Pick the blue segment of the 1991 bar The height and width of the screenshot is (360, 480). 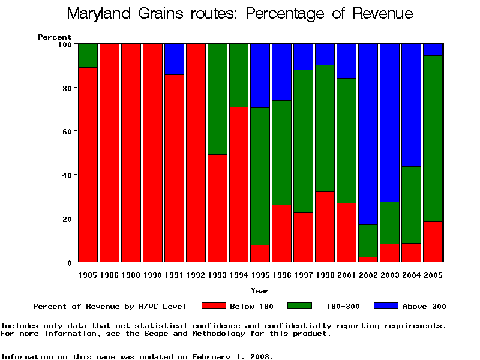coord(174,59)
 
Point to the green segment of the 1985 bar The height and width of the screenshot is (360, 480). coord(88,55)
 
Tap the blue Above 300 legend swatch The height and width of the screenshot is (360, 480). coord(385,306)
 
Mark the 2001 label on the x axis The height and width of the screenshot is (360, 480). coord(346,275)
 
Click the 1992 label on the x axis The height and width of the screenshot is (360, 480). coord(196,275)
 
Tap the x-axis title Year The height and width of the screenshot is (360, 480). coord(260,291)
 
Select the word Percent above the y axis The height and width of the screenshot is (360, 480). coord(55,37)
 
